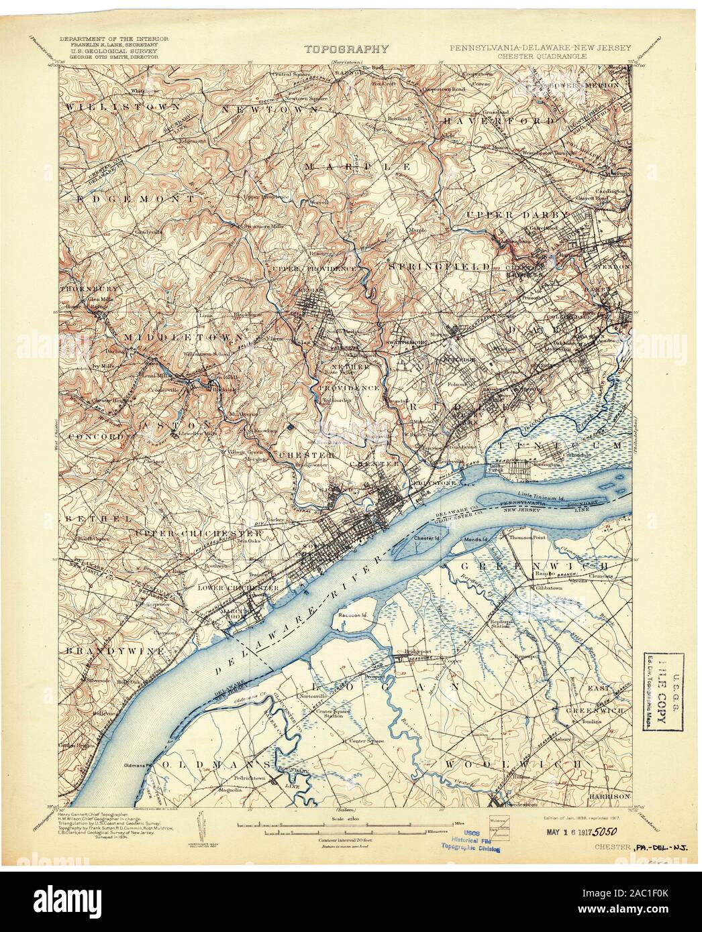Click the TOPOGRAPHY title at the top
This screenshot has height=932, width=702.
[x=347, y=49]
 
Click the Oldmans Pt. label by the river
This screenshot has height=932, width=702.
[x=142, y=764]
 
